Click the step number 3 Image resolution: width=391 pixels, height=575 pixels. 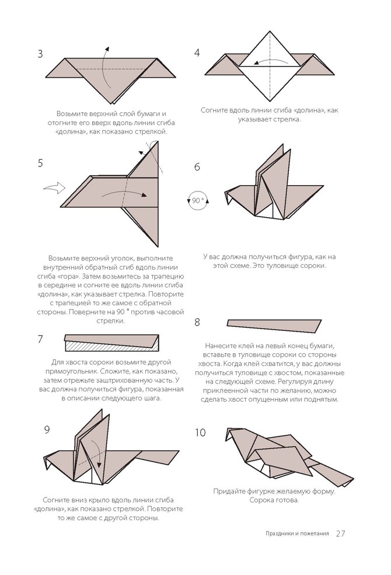tap(40, 54)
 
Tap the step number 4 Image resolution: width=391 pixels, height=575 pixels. tap(197, 53)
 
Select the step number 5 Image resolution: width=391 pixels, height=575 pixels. tap(40, 163)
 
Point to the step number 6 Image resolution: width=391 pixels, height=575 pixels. tap(197, 167)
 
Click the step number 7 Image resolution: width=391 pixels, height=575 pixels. tap(40, 339)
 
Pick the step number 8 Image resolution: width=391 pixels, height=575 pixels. tap(197, 322)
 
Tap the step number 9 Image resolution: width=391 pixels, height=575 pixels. tap(47, 430)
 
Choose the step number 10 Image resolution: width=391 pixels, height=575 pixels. tap(200, 433)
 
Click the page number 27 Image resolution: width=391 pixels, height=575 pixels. tap(341, 534)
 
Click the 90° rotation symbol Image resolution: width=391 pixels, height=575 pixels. tap(198, 201)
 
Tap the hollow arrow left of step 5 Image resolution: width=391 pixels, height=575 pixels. tap(54, 189)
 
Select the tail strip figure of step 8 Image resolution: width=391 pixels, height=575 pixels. tap(274, 324)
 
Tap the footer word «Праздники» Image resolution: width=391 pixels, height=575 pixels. tap(275, 534)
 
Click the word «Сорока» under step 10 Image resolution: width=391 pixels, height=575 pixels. tap(260, 500)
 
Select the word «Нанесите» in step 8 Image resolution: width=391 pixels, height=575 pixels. tap(222, 346)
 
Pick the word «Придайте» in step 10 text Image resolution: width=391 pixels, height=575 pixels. tap(231, 491)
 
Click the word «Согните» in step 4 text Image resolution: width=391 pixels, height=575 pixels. tap(213, 110)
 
